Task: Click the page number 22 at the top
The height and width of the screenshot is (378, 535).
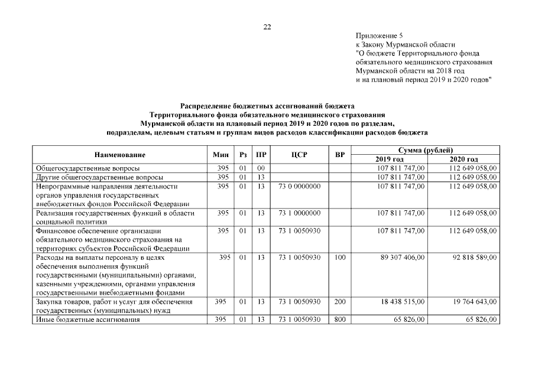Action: click(x=267, y=27)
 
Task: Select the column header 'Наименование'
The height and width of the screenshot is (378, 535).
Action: click(x=119, y=155)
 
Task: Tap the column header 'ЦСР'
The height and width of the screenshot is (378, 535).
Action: click(x=298, y=155)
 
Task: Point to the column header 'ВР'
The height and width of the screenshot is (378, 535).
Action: click(x=339, y=155)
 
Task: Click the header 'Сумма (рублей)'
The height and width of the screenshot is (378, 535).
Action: click(x=425, y=151)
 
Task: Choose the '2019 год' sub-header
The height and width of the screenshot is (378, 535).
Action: click(x=389, y=159)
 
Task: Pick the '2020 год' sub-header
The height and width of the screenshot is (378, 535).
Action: click(x=463, y=159)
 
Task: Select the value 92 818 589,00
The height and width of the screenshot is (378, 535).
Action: click(x=472, y=258)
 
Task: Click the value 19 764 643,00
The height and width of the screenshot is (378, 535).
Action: click(x=472, y=302)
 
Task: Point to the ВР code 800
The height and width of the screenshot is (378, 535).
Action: click(x=339, y=320)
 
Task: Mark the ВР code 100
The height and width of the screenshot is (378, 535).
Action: click(x=339, y=258)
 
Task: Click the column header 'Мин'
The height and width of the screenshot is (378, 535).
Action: click(x=221, y=155)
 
